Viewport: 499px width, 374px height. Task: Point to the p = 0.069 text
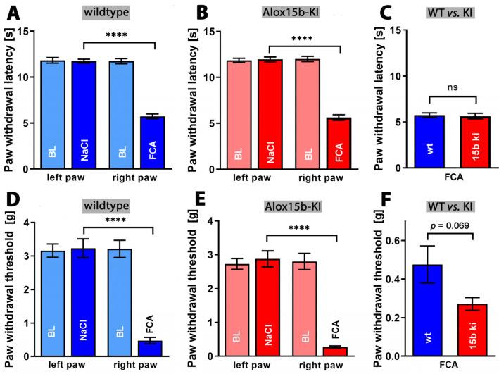pos(438,225)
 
